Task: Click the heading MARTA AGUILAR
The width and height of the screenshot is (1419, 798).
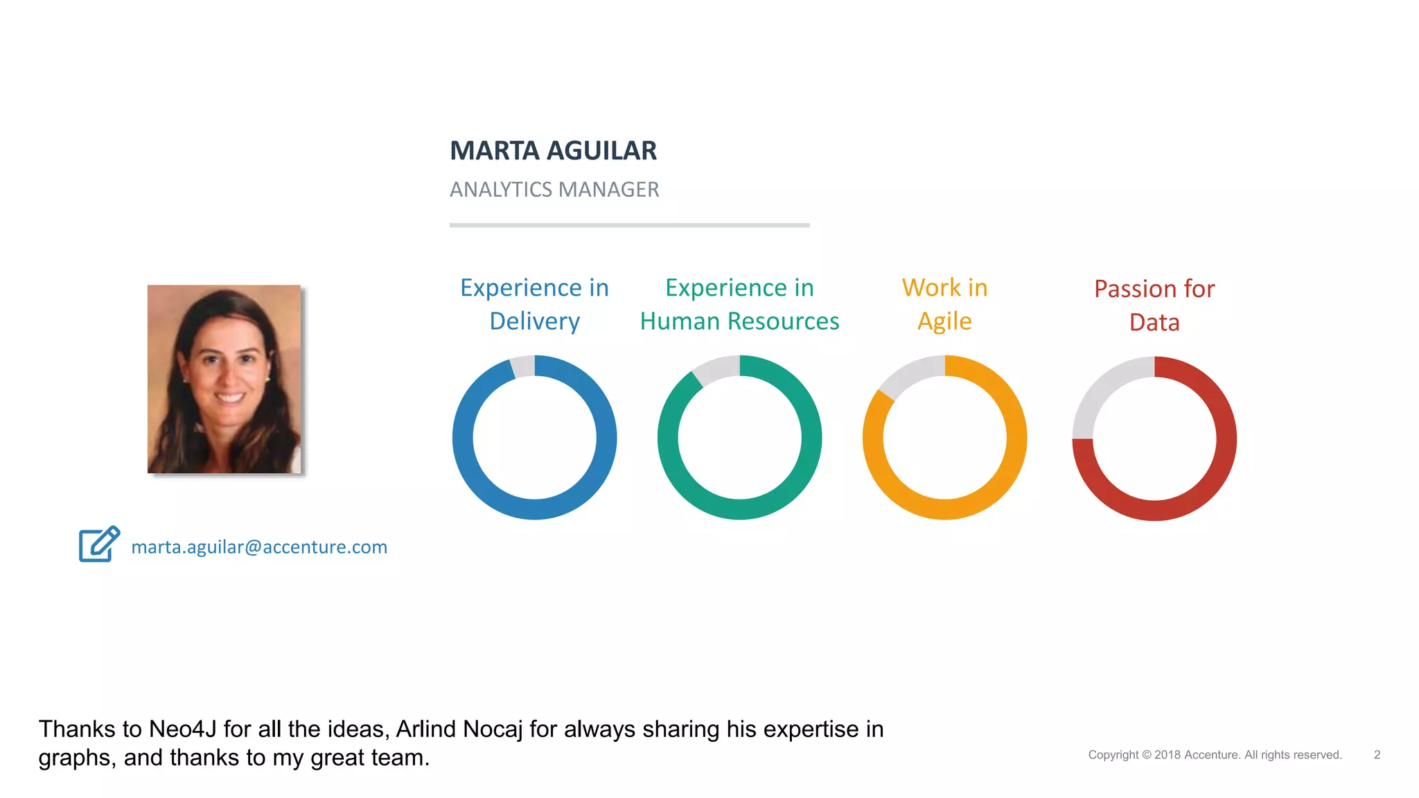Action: (553, 151)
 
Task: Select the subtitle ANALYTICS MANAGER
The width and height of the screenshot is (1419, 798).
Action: (554, 189)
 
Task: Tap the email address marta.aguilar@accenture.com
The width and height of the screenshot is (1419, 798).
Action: (259, 547)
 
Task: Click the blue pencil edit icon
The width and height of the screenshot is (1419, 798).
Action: (99, 544)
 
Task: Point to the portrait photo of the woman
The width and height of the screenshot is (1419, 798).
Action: (224, 379)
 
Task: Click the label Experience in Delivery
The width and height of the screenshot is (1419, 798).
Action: (534, 304)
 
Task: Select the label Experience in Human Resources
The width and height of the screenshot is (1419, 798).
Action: (739, 304)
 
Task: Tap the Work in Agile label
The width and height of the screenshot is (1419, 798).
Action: (944, 304)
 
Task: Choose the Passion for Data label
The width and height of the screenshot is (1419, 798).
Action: (1154, 305)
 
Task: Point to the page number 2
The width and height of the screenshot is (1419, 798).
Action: (1377, 755)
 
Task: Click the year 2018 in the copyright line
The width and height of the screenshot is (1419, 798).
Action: (1167, 755)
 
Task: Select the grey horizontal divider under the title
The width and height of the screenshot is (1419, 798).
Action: (629, 225)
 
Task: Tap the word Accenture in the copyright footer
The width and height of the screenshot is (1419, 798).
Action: (1212, 755)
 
